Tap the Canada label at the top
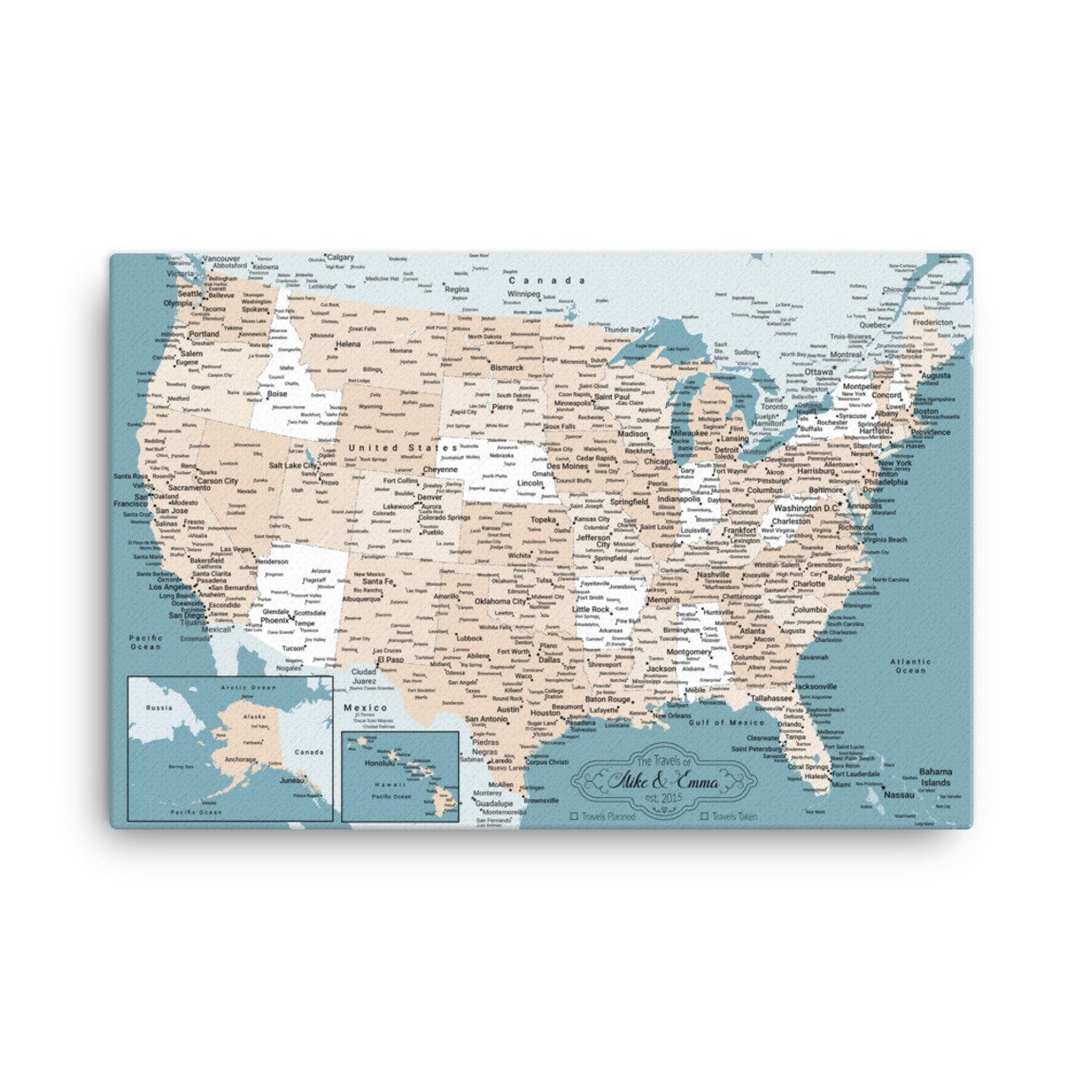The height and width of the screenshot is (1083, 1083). coord(546,280)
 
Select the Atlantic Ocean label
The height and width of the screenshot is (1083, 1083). coord(910,665)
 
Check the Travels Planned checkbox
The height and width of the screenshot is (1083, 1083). coord(574,815)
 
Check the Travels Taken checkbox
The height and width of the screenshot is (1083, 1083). coord(704,815)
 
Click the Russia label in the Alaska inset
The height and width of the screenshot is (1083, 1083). coord(156,708)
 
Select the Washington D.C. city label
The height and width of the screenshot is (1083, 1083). coord(806,508)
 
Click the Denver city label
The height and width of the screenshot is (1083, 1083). coord(429,497)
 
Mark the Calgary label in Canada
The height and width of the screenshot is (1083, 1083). coord(339,257)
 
